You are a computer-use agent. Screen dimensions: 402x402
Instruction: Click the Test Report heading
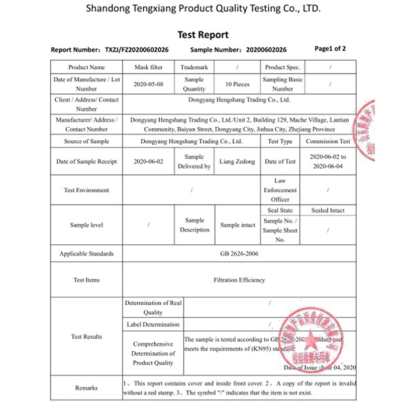pyautogui.click(x=203, y=35)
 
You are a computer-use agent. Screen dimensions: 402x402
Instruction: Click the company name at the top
pyautogui.click(x=203, y=9)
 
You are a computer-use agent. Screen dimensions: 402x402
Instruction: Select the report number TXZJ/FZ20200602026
pyautogui.click(x=136, y=50)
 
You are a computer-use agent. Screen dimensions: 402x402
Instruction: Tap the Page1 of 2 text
pyautogui.click(x=330, y=49)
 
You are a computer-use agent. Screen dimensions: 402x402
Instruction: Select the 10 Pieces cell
pyautogui.click(x=237, y=84)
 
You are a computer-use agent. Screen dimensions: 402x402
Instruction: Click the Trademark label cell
pyautogui.click(x=194, y=67)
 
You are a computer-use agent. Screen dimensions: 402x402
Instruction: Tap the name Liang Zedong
pyautogui.click(x=237, y=162)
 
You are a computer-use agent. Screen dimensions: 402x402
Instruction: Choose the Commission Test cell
pyautogui.click(x=328, y=142)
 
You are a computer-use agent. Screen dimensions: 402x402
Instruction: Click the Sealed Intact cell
pyautogui.click(x=328, y=211)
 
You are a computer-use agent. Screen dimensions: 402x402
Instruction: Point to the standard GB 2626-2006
pyautogui.click(x=239, y=254)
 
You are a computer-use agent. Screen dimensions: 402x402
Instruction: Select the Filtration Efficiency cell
pyautogui.click(x=239, y=280)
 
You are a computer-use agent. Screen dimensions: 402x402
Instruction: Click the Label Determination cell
pyautogui.click(x=153, y=325)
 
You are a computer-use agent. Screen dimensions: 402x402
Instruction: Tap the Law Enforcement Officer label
pyautogui.click(x=280, y=190)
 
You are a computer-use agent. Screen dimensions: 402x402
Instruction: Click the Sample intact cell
pyautogui.click(x=237, y=225)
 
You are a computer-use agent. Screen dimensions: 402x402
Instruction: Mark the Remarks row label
pyautogui.click(x=86, y=388)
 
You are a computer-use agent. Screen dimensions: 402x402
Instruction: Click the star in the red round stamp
pyautogui.click(x=310, y=337)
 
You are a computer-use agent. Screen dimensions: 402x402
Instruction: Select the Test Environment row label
pyautogui.click(x=86, y=190)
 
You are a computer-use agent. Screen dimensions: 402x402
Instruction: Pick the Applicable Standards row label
pyautogui.click(x=86, y=254)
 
